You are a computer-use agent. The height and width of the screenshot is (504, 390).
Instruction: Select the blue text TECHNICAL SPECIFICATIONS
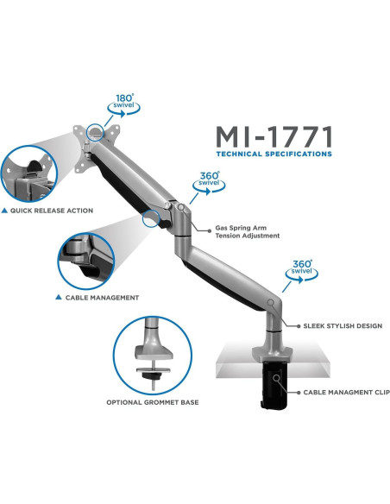coord(274,154)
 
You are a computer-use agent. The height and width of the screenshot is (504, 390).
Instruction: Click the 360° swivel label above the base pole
coord(302,269)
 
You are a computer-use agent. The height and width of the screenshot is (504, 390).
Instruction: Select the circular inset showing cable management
coord(86,255)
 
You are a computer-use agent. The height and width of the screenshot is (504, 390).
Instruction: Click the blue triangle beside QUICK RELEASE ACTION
coord(6,211)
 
